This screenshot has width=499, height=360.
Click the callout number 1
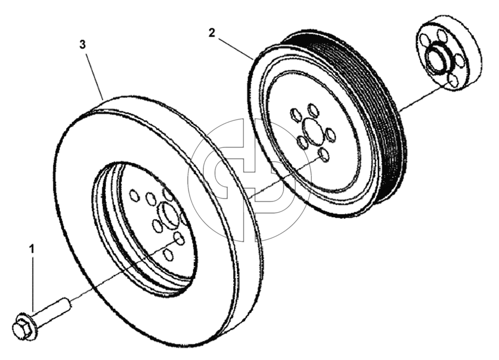(32, 249)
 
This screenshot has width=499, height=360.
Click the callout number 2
(212, 33)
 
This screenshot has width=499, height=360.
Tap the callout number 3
(83, 44)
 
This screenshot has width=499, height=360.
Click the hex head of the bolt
(20, 326)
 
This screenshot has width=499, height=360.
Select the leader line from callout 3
(95, 75)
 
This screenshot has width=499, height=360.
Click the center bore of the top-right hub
(438, 58)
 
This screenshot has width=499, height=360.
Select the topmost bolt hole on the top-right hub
(440, 35)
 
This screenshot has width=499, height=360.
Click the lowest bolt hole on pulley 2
(324, 155)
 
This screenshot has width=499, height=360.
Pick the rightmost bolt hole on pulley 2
(330, 134)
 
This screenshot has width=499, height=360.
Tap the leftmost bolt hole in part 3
(134, 195)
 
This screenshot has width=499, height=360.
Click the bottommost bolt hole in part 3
(168, 254)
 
